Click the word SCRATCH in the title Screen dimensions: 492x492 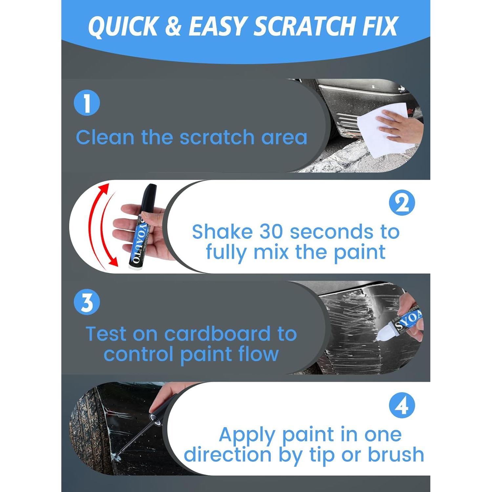click(x=305, y=26)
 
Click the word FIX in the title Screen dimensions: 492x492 click(x=380, y=26)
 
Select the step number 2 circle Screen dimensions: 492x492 click(x=402, y=203)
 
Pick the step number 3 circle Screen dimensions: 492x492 click(x=87, y=302)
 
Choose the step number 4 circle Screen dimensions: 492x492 click(x=402, y=405)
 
